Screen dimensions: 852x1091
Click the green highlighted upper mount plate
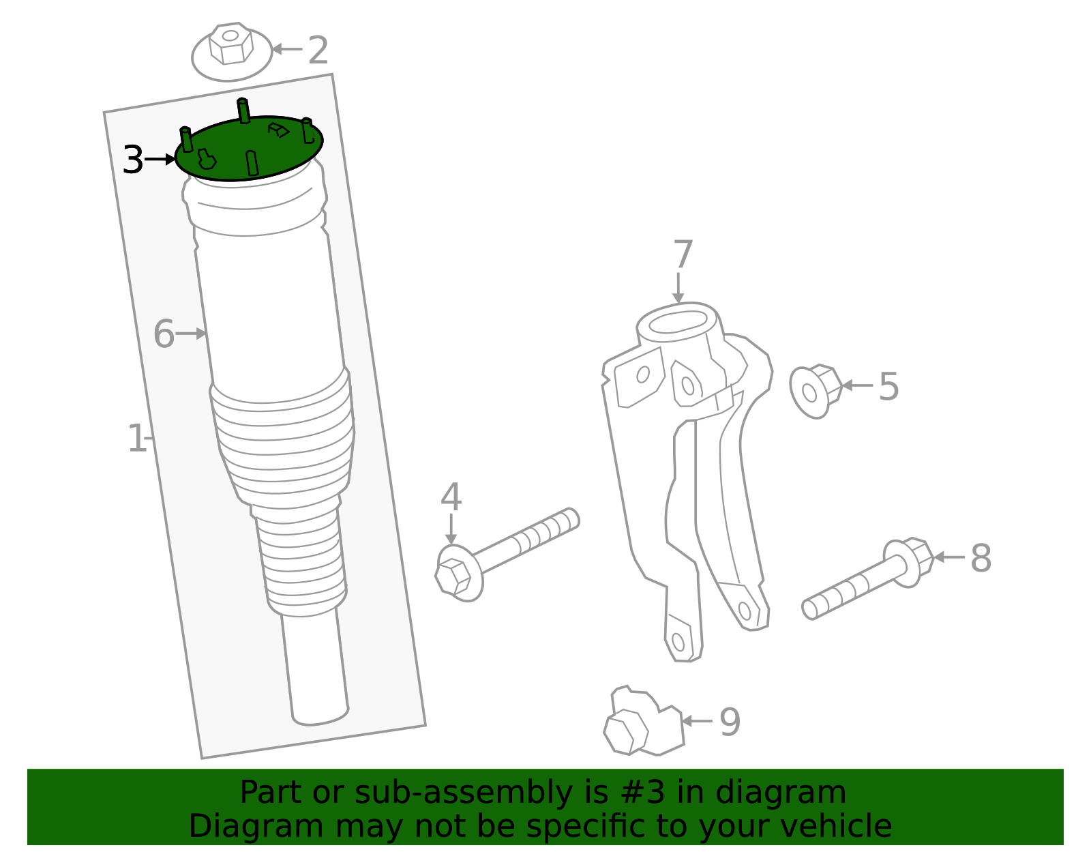tap(249, 149)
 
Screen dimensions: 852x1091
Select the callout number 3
tap(132, 160)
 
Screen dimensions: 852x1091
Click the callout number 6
tap(164, 334)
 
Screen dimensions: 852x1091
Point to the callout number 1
tap(136, 439)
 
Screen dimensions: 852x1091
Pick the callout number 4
tap(451, 497)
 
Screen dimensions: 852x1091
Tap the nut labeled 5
tap(815, 391)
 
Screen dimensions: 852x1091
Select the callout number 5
tap(888, 387)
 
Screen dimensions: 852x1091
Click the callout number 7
tap(683, 255)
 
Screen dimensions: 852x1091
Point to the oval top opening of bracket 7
tap(677, 322)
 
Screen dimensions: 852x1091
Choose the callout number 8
tap(981, 558)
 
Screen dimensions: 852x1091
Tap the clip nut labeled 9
tap(641, 724)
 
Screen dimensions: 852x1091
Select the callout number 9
tap(730, 722)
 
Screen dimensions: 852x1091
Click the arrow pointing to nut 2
tap(286, 49)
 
